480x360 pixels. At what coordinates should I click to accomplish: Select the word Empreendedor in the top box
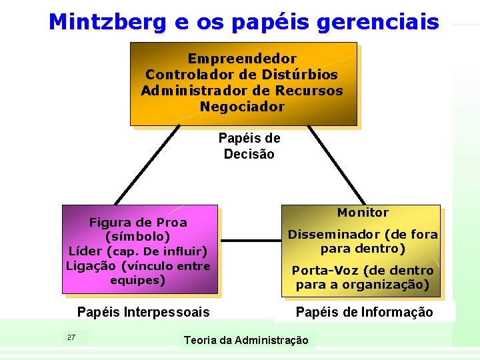pyautogui.click(x=242, y=59)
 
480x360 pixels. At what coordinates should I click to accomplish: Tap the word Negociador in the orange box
pyautogui.click(x=242, y=107)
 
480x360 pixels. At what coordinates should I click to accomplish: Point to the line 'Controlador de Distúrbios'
pyautogui.click(x=242, y=75)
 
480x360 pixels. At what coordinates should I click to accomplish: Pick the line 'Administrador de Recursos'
pyautogui.click(x=242, y=91)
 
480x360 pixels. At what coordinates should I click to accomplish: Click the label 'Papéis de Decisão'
pyautogui.click(x=249, y=146)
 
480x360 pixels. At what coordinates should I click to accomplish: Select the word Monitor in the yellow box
pyautogui.click(x=363, y=213)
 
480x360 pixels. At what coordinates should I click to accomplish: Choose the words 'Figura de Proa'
pyautogui.click(x=138, y=222)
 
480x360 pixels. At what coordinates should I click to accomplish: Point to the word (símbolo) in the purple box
pyautogui.click(x=138, y=237)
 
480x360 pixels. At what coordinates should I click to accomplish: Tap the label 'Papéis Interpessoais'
pyautogui.click(x=143, y=312)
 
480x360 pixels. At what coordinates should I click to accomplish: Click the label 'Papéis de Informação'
pyautogui.click(x=364, y=312)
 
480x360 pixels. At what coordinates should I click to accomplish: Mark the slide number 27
pyautogui.click(x=71, y=337)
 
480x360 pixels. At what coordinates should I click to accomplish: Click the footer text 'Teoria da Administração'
pyautogui.click(x=246, y=340)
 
